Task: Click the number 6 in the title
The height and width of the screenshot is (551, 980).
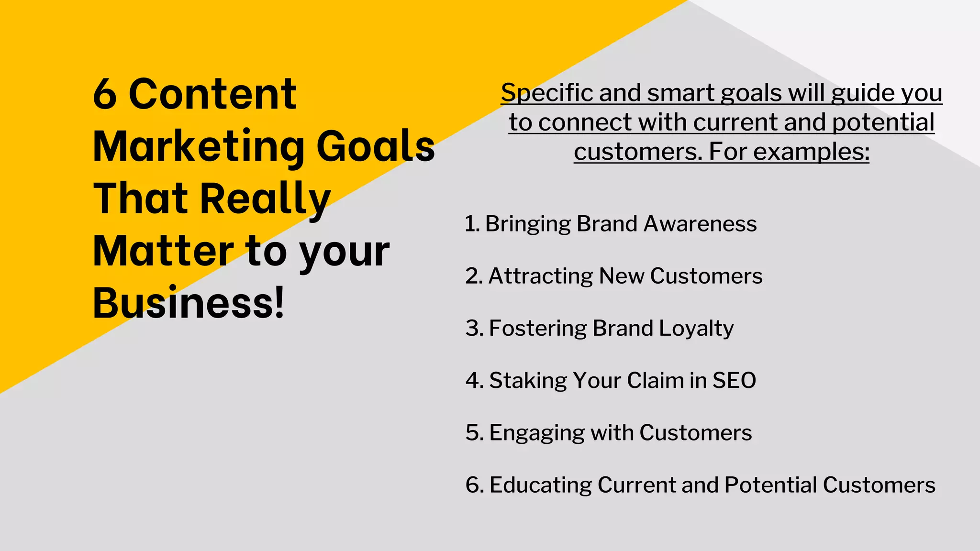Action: point(105,94)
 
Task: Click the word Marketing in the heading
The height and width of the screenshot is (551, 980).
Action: point(199,147)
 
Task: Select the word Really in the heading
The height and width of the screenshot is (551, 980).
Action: point(265,199)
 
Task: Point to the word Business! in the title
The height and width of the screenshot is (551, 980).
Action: point(189,303)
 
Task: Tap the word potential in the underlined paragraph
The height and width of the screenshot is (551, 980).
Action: point(883,122)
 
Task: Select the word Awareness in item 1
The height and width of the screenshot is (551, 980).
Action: point(700,224)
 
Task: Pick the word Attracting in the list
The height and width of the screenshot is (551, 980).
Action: point(540,276)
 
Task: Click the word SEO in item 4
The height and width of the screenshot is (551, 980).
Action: point(734,381)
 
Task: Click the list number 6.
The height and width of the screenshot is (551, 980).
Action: point(474,485)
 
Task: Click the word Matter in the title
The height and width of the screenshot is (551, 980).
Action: point(163,251)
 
